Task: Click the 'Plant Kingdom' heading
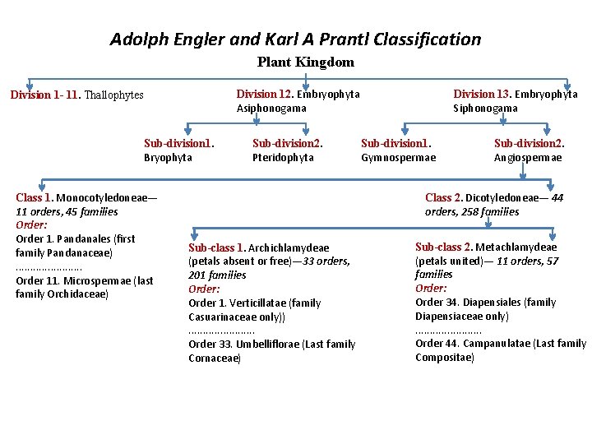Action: tap(306, 62)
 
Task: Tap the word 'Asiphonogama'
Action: tap(271, 109)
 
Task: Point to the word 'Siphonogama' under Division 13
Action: tap(486, 109)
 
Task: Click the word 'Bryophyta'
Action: tap(168, 158)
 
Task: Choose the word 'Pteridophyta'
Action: tap(283, 158)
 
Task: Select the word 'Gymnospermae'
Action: tap(399, 158)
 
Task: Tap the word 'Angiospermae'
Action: tap(528, 158)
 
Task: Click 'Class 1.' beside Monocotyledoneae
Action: tap(34, 197)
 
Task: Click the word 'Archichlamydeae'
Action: tap(289, 247)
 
